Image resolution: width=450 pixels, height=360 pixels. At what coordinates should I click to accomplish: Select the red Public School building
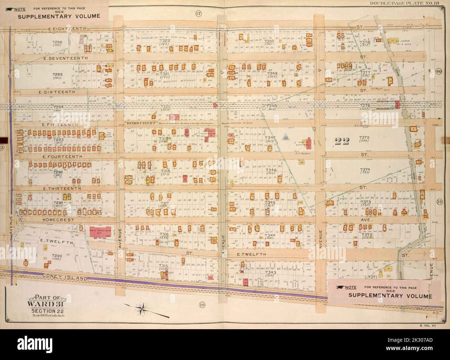92,231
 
